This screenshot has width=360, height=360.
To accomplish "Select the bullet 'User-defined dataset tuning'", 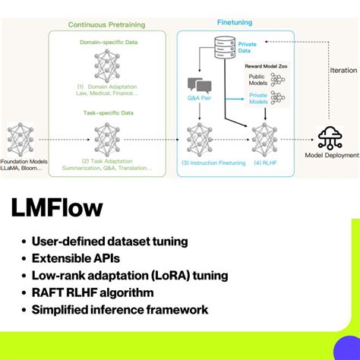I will click(109, 241).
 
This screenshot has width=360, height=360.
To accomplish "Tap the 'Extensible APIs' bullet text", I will click(76, 257).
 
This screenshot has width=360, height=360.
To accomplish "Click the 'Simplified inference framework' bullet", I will click(119, 310).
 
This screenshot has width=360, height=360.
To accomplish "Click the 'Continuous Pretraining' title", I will click(106, 24).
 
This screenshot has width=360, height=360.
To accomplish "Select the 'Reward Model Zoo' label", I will click(265, 67).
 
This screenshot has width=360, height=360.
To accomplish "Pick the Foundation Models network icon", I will click(20, 138).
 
